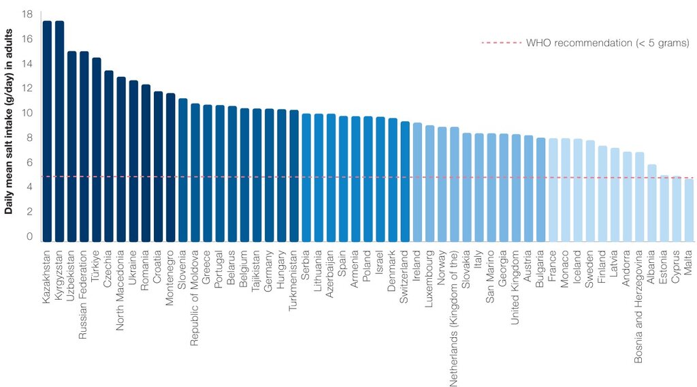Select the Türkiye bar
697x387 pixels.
click(x=96, y=149)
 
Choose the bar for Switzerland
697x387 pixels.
click(x=405, y=181)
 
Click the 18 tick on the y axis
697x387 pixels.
click(x=27, y=14)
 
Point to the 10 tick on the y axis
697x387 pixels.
click(x=27, y=113)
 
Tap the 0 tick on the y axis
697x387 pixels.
click(x=29, y=236)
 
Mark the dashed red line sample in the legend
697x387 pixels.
click(x=501, y=44)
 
